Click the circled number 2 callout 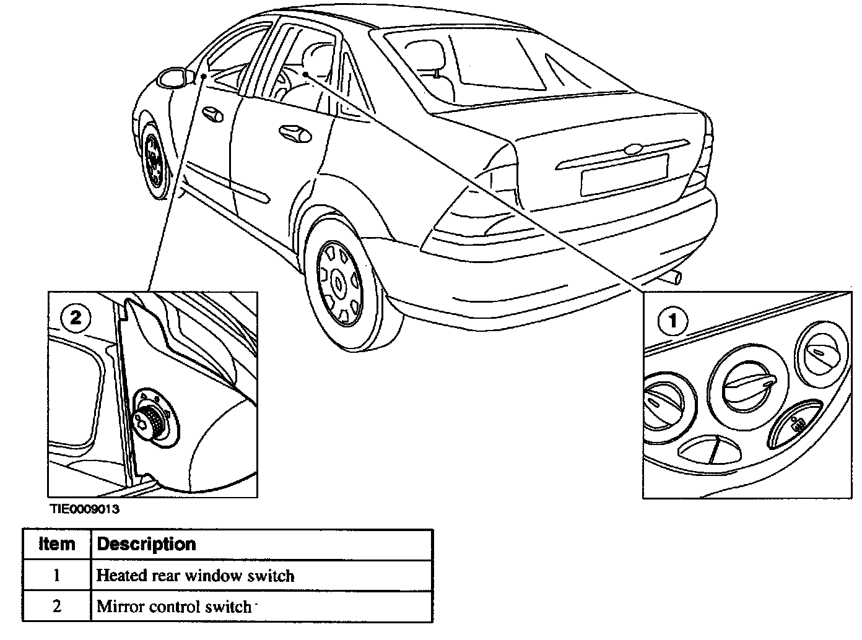[76, 318]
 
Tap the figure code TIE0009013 [85, 510]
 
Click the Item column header [56, 544]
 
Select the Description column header [147, 544]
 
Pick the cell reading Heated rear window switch [195, 576]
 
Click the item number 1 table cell [56, 576]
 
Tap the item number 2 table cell [56, 607]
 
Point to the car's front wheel [152, 161]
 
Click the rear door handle [295, 132]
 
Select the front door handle [212, 113]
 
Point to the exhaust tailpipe [674, 278]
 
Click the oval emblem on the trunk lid [633, 149]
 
